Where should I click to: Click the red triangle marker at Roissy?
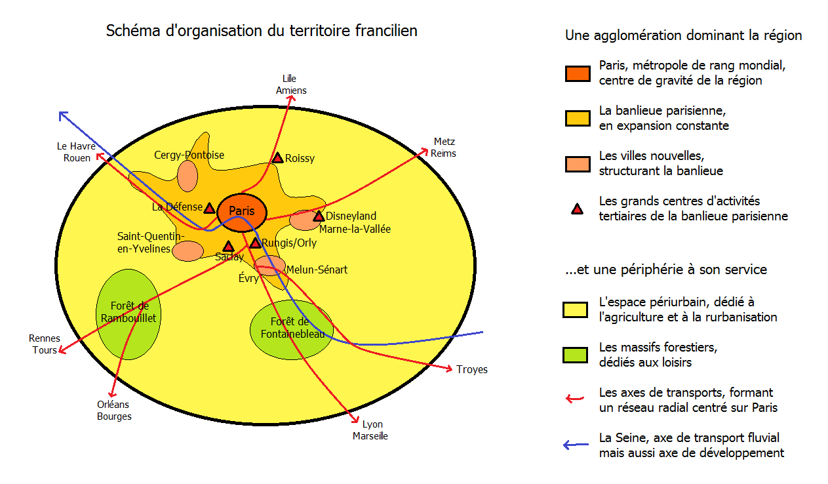(277, 158)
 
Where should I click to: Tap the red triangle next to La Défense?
(209, 208)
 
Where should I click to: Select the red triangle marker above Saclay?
(228, 247)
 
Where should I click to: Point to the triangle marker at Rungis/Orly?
(255, 243)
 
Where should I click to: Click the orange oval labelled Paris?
(241, 211)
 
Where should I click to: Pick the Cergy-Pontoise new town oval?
(187, 176)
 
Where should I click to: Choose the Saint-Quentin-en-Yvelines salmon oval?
(188, 250)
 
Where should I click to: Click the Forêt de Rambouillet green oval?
(128, 313)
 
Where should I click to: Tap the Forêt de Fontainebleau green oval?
(288, 329)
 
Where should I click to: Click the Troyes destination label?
(472, 370)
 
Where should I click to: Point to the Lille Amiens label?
(290, 85)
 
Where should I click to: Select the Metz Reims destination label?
(444, 148)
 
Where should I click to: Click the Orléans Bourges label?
(114, 411)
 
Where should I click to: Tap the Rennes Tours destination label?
(45, 344)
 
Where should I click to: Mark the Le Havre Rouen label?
(73, 152)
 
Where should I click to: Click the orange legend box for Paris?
(578, 73)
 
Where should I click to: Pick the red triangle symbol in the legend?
(577, 209)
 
